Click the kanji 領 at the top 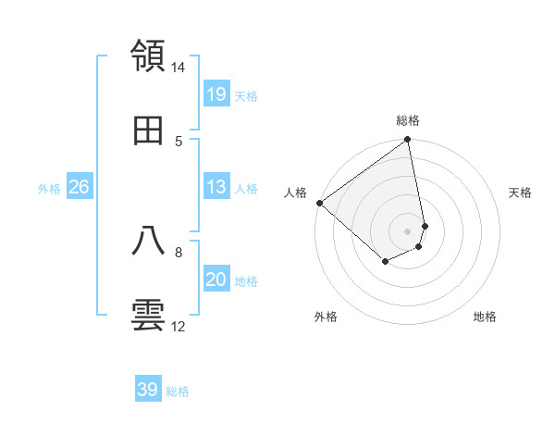click(x=149, y=56)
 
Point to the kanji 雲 click(x=149, y=316)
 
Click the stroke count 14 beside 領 click(x=179, y=68)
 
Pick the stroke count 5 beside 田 click(x=179, y=141)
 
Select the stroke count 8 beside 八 click(x=179, y=251)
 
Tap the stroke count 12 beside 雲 click(x=179, y=326)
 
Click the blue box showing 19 click(x=216, y=93)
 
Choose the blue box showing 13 click(x=216, y=187)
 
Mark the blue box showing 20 click(x=216, y=280)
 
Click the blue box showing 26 click(x=80, y=187)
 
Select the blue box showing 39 click(x=148, y=390)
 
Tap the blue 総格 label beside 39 click(x=178, y=391)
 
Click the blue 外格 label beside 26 click(x=49, y=189)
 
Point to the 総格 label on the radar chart click(x=408, y=120)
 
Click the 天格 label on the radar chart click(x=521, y=193)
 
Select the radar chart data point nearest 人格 click(x=319, y=203)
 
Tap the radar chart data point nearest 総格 click(x=407, y=141)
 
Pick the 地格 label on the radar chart click(x=485, y=317)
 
